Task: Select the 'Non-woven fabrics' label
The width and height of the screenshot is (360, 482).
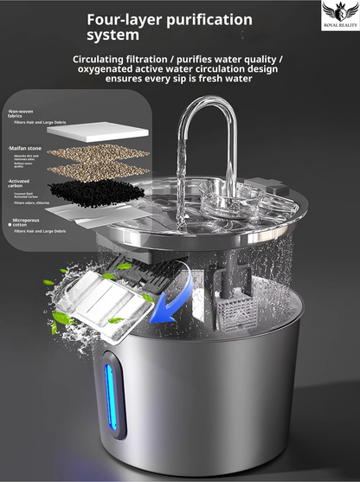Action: tap(20, 115)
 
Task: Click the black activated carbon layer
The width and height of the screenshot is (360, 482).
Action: tap(96, 188)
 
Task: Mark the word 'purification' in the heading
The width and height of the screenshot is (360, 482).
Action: tap(212, 19)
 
